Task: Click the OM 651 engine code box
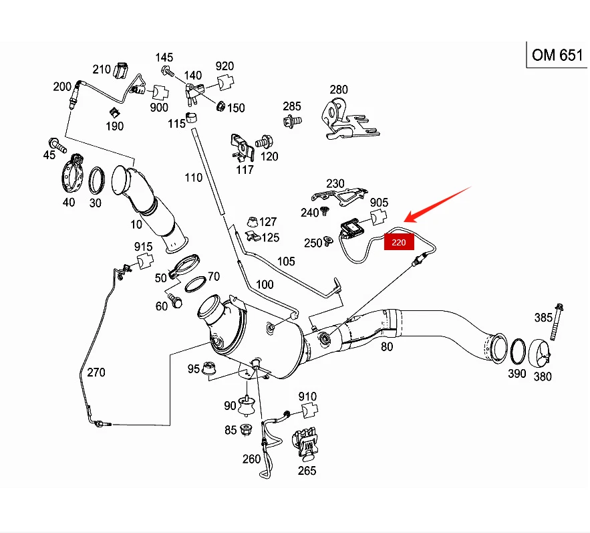[x=557, y=55]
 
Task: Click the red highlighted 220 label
[x=399, y=242]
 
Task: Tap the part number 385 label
[x=543, y=317]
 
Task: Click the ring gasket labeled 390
[x=518, y=352]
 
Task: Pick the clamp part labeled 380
[x=541, y=353]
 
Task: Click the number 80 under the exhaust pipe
[x=387, y=346]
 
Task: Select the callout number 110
[x=193, y=177]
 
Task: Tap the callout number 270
[x=96, y=372]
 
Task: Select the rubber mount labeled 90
[x=247, y=405]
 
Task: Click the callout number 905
[x=379, y=202]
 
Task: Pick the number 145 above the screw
[x=164, y=58]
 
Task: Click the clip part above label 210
[x=122, y=69]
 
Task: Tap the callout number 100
[x=265, y=284]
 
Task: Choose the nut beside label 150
[x=220, y=105]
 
